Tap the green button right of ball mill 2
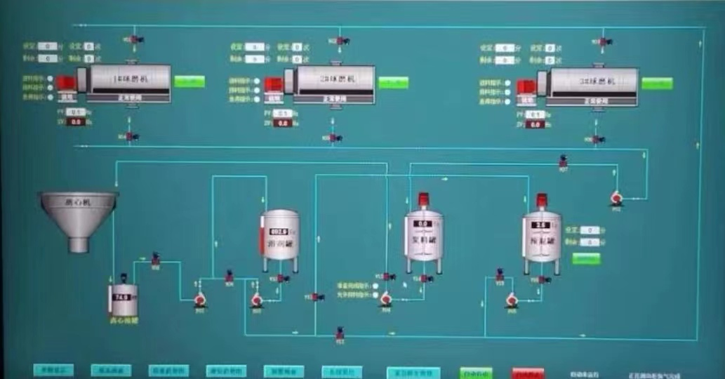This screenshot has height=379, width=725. [x=393, y=82]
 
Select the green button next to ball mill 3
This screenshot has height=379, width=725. [x=656, y=84]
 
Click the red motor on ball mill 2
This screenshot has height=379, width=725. [x=274, y=84]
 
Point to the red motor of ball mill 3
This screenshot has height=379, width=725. [x=525, y=86]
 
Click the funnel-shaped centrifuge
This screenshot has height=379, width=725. [x=78, y=215]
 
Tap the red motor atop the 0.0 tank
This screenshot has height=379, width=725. [x=423, y=199]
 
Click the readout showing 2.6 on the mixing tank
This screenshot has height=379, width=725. [x=540, y=225]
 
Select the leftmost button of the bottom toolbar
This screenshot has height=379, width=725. [x=54, y=370]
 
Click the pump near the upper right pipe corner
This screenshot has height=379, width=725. [x=616, y=200]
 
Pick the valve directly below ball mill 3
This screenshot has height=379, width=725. [x=597, y=139]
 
